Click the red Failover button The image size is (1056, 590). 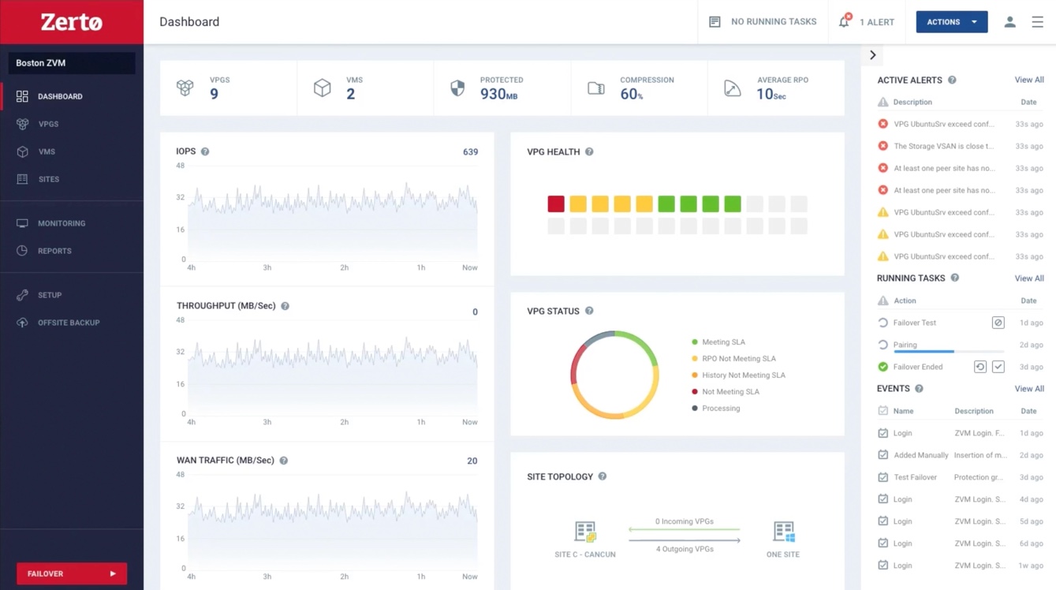(x=71, y=573)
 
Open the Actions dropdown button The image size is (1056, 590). (x=951, y=22)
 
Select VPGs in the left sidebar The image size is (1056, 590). (x=48, y=124)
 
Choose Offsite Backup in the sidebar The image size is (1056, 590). (x=68, y=323)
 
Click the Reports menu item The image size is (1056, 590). (x=54, y=251)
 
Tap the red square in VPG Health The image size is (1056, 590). (x=556, y=204)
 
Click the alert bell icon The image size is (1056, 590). (x=844, y=22)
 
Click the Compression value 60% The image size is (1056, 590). (x=631, y=95)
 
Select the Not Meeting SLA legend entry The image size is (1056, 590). (x=730, y=392)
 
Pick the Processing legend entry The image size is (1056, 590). (x=721, y=409)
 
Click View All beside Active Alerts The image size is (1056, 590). (x=1028, y=80)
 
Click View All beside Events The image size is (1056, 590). (x=1028, y=389)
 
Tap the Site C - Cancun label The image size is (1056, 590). (x=585, y=555)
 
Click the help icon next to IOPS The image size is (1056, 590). (x=205, y=151)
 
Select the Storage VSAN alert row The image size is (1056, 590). (x=943, y=146)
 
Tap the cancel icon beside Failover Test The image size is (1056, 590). (x=998, y=323)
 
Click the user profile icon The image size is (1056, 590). (x=1009, y=22)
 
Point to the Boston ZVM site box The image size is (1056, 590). (x=72, y=63)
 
